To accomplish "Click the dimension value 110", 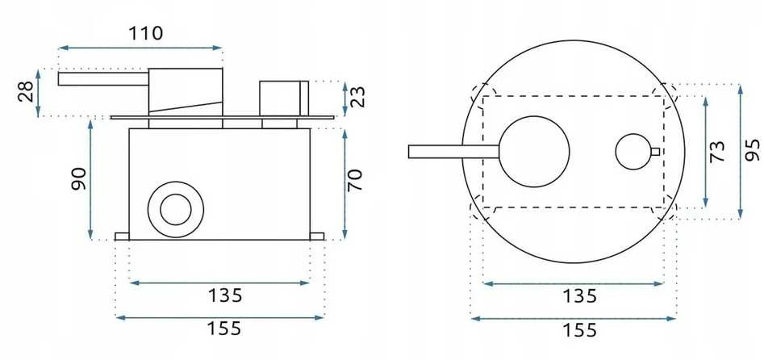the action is coord(145,33).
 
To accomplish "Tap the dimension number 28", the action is coord(27,91).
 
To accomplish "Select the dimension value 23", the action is coord(357,96).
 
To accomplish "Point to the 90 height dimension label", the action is coord(79,179).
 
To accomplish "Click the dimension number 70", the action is coord(355,180).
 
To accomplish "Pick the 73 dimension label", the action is coord(717,151).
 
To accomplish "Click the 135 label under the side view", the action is coord(224,295).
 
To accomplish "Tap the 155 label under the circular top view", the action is coord(579,330).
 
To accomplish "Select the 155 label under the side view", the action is coord(224,329).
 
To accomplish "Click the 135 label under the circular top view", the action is coord(579,295).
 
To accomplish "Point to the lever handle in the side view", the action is coord(102,78).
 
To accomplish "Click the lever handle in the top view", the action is coord(454,152).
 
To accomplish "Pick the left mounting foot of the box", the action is coord(122,237).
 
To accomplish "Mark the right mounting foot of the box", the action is coord(317,237).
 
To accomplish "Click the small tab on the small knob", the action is coord(655,152).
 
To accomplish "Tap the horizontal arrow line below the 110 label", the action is coord(140,48).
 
